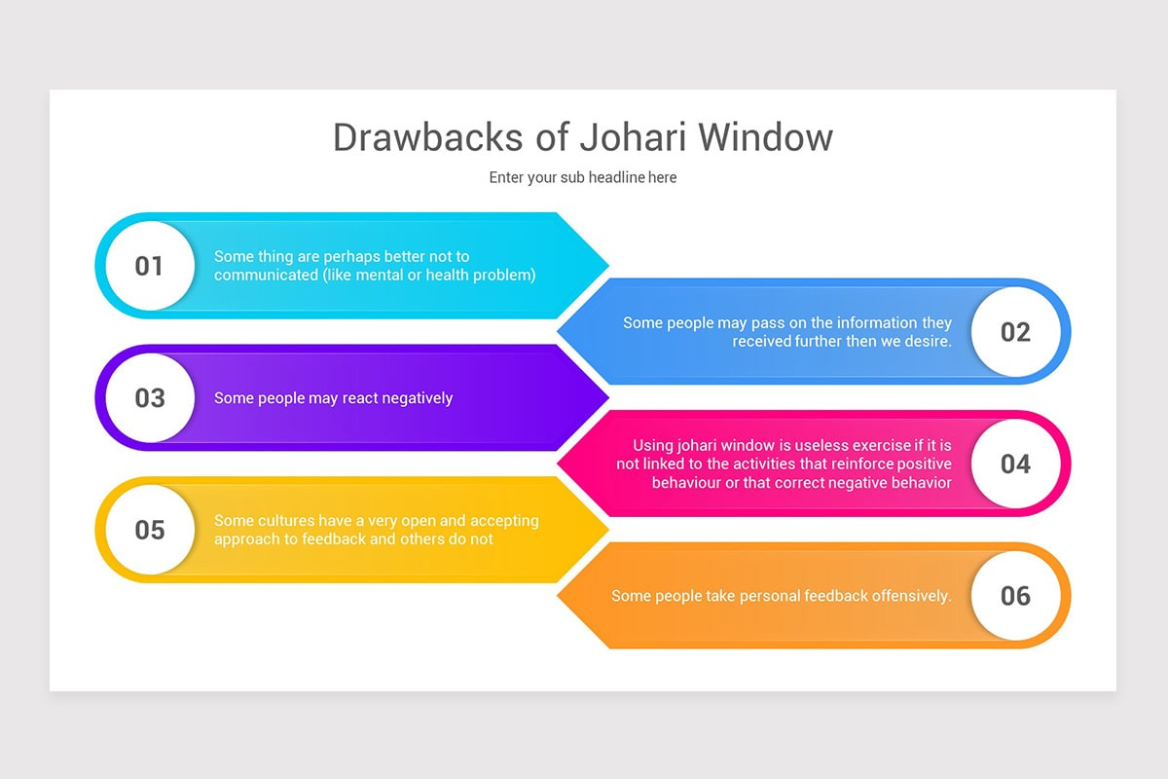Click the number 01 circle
[x=149, y=266]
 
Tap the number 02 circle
[x=1015, y=332]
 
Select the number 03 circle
[x=149, y=398]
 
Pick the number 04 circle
[x=1015, y=464]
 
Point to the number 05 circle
[x=149, y=530]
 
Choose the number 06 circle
[x=1015, y=596]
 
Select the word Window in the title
[x=765, y=137]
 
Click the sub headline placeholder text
[x=583, y=177]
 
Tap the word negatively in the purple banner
[x=417, y=398]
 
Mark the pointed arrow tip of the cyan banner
[x=606, y=265]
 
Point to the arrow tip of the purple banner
[x=606, y=397]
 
